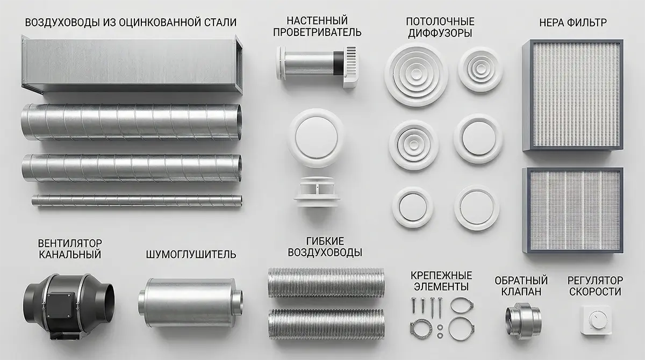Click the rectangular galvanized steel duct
[x=132, y=65]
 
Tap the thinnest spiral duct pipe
[x=137, y=200]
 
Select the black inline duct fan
[x=69, y=306]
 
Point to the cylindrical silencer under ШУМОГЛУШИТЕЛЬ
[x=190, y=303]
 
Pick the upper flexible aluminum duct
[x=326, y=283]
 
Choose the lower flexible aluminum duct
[x=326, y=324]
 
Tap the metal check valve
[x=523, y=319]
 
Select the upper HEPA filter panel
[x=573, y=95]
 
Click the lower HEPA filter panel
[x=573, y=210]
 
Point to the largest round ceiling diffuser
[x=416, y=75]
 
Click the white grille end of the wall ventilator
[x=350, y=67]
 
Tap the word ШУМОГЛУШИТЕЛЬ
[x=191, y=255]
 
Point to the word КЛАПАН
[x=521, y=292]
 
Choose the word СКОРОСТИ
[x=595, y=292]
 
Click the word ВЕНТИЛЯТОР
[x=70, y=243]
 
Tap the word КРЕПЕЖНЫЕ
[x=441, y=276]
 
